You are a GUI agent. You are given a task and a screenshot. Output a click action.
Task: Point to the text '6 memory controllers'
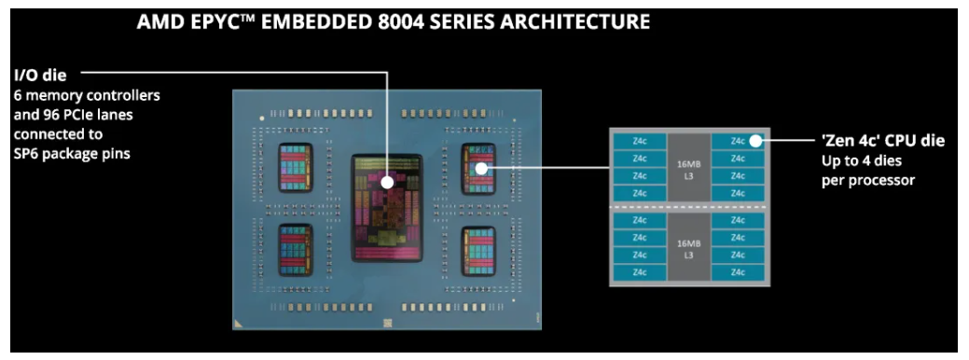tap(87, 95)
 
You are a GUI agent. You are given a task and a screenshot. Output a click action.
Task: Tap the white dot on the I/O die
tap(386, 184)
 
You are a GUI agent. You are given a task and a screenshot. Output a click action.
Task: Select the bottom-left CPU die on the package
tap(297, 249)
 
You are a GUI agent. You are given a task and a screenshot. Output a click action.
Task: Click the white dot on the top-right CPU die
tap(482, 169)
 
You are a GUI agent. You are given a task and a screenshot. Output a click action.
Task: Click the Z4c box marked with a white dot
tap(738, 142)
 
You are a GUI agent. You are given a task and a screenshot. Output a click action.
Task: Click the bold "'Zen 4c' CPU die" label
tap(882, 141)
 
